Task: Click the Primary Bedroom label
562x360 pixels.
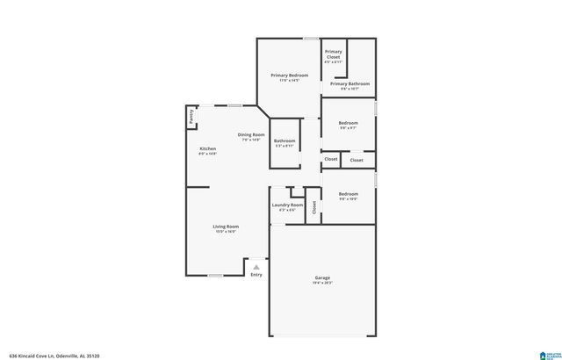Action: click(289, 76)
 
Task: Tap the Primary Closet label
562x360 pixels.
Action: click(334, 54)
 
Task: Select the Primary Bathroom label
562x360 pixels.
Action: click(349, 83)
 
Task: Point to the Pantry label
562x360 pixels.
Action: click(191, 116)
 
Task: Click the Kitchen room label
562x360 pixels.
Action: click(207, 148)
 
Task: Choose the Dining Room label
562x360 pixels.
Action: click(251, 134)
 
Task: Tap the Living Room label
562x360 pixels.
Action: click(226, 227)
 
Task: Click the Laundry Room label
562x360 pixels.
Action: click(287, 205)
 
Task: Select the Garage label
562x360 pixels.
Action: click(322, 278)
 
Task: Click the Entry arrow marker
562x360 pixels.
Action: click(256, 267)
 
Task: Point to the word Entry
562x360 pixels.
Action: click(256, 275)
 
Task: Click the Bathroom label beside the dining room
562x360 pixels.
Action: click(285, 140)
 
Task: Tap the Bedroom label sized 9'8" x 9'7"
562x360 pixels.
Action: click(349, 123)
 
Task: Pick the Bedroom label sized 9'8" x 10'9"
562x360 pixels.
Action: click(349, 193)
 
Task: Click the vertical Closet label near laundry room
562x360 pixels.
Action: click(313, 209)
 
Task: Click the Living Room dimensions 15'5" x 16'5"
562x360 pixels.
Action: click(226, 233)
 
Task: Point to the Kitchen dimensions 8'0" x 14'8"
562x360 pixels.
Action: click(207, 155)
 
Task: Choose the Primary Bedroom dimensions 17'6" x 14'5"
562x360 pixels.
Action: click(289, 82)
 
